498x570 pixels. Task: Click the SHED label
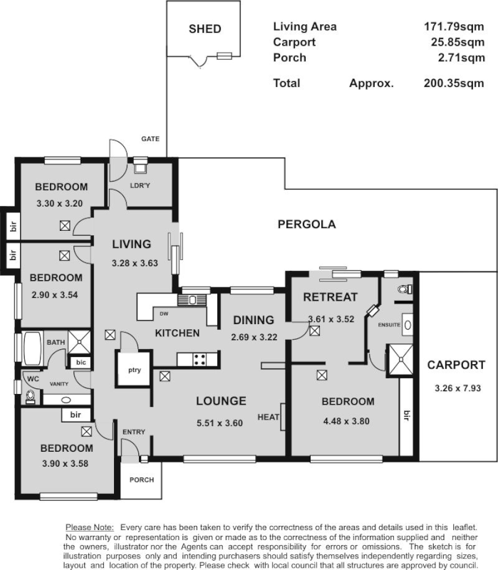204,29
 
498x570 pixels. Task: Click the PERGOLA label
306,224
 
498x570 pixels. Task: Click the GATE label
150,138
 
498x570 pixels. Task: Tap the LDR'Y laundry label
140,186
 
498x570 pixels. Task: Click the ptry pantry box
133,369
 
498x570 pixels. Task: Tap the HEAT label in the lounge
269,417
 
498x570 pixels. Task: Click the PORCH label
141,480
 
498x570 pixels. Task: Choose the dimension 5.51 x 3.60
220,423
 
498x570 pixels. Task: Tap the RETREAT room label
330,297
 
